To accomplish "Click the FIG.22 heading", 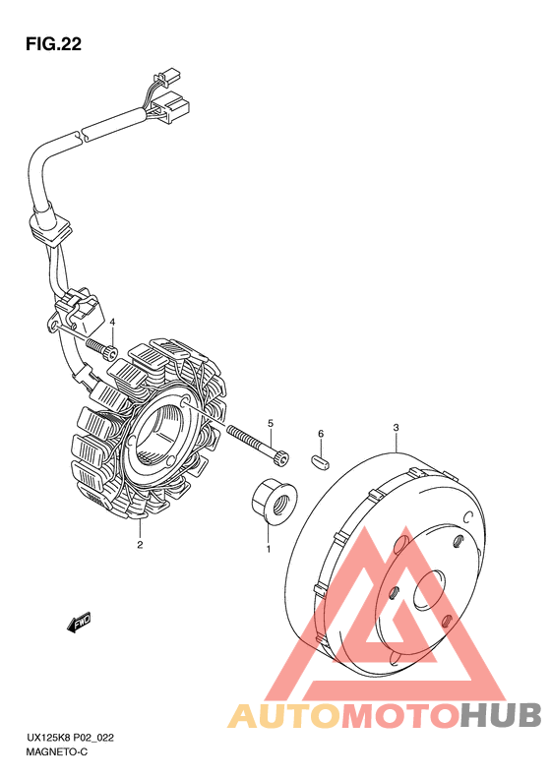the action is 53,44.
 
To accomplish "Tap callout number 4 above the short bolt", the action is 113,322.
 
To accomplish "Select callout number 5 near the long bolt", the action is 271,423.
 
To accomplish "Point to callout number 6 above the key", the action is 321,434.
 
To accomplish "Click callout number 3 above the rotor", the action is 396,427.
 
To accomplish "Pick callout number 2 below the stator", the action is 140,545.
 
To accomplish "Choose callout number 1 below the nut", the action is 269,549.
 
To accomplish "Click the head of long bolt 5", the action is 280,458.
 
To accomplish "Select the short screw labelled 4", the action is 101,349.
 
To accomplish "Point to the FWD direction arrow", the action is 79,623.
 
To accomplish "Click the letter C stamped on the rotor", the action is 466,516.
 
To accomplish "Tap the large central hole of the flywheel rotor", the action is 430,589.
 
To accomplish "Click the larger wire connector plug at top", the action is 172,106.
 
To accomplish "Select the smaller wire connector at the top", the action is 167,77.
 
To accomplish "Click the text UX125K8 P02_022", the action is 70,738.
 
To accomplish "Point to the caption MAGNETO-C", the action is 57,752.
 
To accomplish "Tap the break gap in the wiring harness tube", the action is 80,135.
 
